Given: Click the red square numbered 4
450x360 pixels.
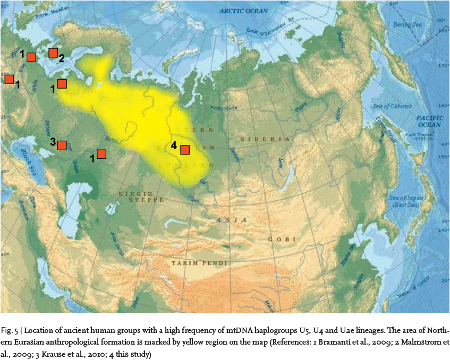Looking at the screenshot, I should (185, 150).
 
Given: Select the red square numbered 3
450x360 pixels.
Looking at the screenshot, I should (62, 145).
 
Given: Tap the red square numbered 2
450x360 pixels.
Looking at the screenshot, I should (53, 53).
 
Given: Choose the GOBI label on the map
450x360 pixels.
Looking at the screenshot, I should (283, 239).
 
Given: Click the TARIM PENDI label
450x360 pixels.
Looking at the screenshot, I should (200, 263).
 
